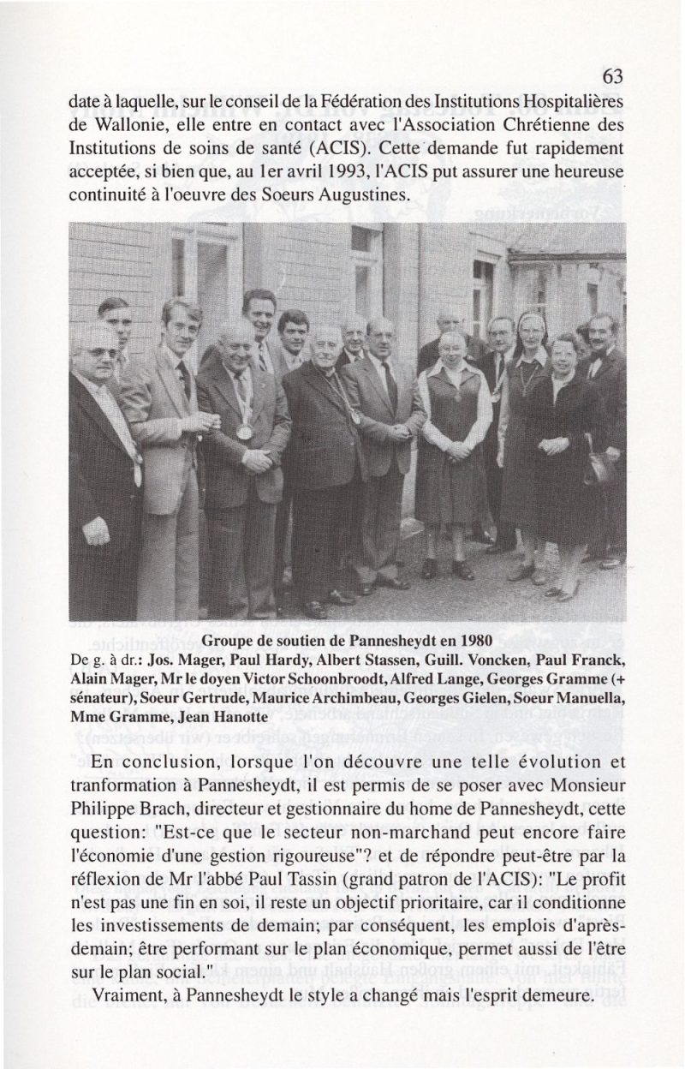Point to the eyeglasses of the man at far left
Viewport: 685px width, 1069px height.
tap(98, 352)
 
